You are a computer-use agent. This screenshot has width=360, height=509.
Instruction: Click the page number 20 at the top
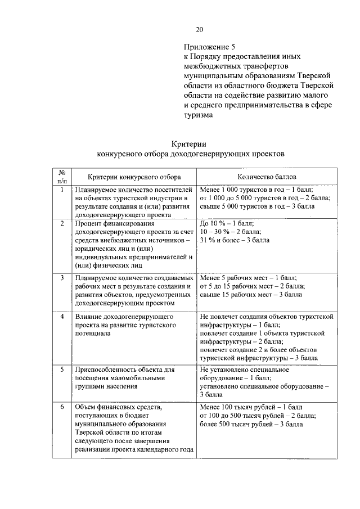[x=199, y=30]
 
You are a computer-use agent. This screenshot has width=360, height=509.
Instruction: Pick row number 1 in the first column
[x=62, y=190]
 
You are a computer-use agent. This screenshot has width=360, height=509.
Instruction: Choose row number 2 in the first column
[x=62, y=223]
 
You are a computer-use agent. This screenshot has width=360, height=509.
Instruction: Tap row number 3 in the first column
[x=62, y=277]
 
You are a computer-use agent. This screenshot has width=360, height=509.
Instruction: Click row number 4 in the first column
[x=62, y=317]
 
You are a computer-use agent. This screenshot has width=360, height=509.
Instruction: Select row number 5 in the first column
[x=62, y=370]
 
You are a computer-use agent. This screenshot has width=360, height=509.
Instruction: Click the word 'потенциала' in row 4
[x=93, y=333]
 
